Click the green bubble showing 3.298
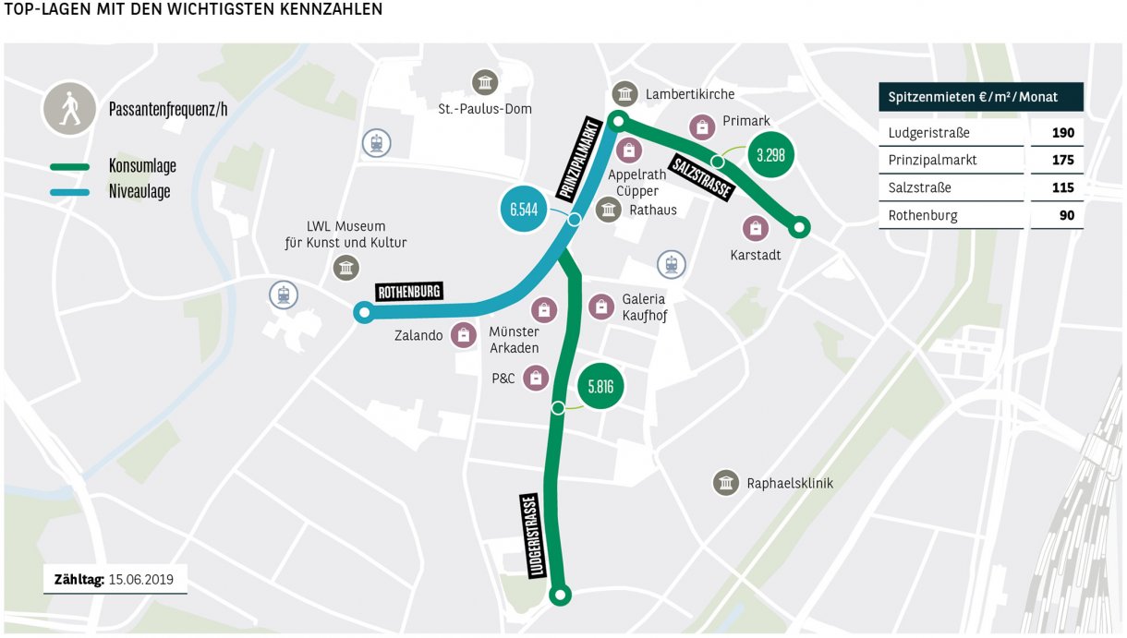(770, 155)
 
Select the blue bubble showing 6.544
(524, 211)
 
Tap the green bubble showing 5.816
(600, 387)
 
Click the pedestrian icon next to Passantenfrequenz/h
(68, 108)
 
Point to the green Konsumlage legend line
(69, 167)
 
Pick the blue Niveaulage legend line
(69, 192)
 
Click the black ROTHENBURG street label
(409, 292)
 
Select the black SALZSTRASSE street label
(701, 175)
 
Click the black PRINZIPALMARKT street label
(580, 159)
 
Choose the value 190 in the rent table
(1062, 133)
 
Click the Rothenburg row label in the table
(923, 215)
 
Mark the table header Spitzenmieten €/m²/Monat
(980, 97)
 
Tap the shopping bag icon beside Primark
(702, 126)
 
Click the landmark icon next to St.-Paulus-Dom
(484, 82)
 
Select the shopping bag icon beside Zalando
(463, 335)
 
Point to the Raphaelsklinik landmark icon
(726, 483)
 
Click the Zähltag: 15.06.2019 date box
(115, 580)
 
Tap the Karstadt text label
(756, 255)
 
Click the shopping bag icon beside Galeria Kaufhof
(601, 307)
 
